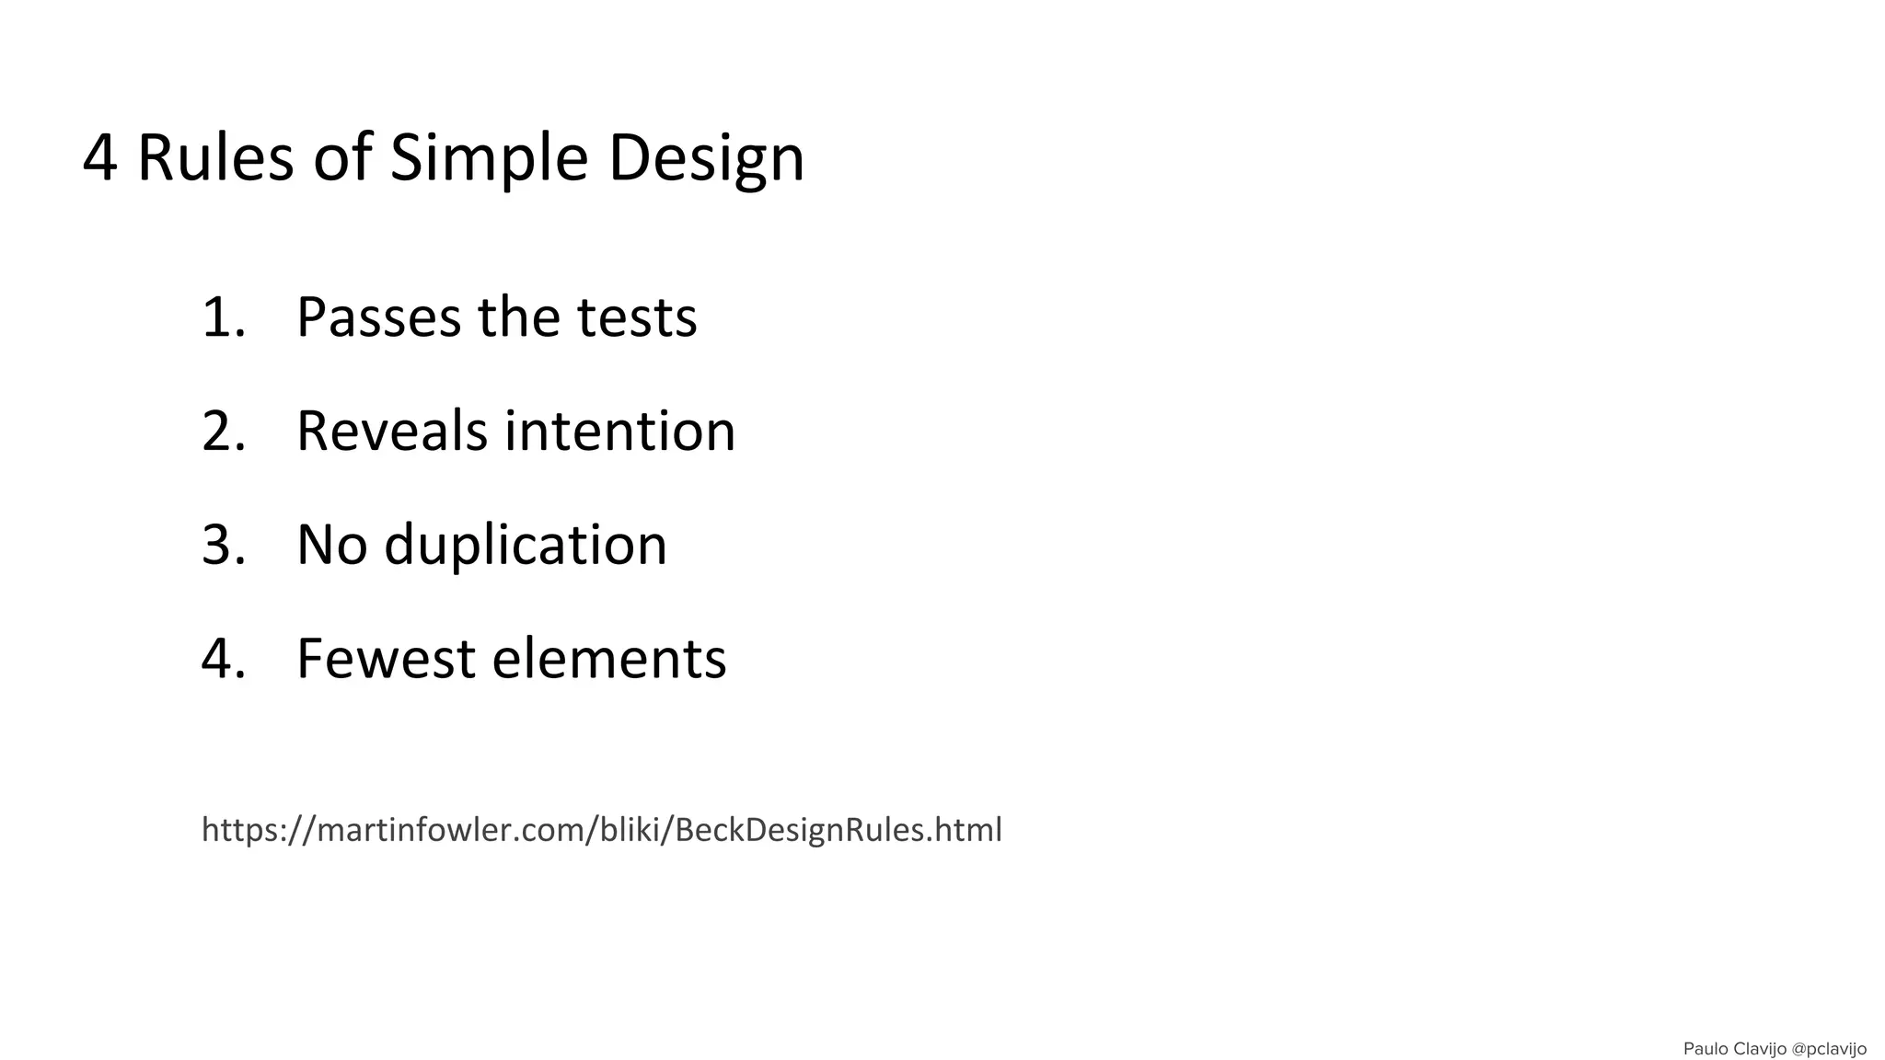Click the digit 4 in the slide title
click(x=99, y=158)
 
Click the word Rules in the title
click(x=214, y=158)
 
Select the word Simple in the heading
click(x=489, y=158)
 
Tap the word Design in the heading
click(x=706, y=158)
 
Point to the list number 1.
click(x=222, y=317)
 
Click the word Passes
click(x=377, y=317)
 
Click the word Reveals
click(x=391, y=431)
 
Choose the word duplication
click(x=526, y=545)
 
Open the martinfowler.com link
click(x=601, y=830)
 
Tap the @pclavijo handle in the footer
click(x=1829, y=1049)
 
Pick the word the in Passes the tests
click(x=518, y=317)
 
